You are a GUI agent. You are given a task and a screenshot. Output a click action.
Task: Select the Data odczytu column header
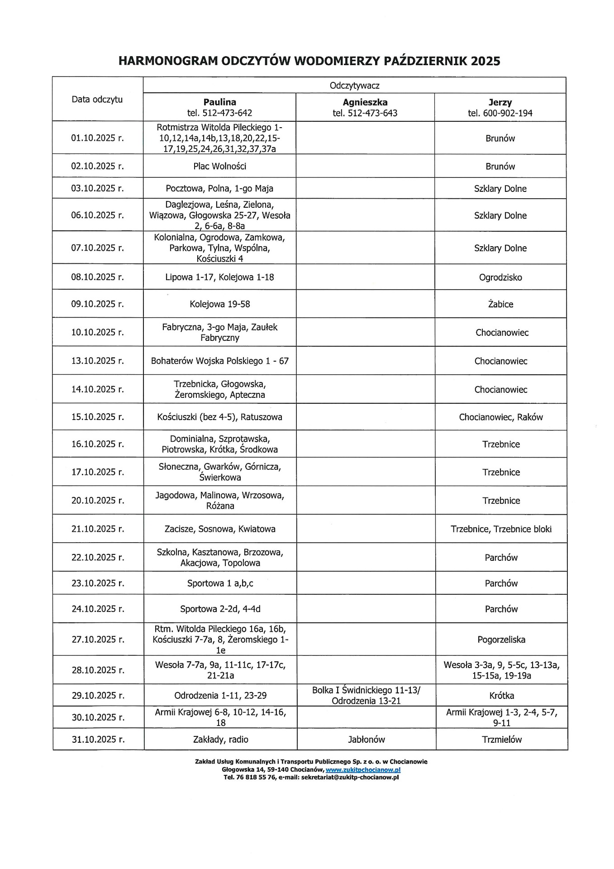97,100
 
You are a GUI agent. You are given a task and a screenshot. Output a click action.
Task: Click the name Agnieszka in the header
365,102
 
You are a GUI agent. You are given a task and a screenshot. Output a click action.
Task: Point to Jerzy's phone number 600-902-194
500,113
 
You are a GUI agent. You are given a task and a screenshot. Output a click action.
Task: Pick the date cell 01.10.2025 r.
97,138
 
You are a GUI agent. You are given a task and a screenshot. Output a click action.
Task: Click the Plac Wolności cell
219,166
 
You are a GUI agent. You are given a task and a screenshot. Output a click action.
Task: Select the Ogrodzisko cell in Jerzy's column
500,277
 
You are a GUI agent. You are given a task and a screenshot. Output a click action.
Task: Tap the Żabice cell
500,304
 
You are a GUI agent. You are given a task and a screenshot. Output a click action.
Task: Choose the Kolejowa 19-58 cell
219,304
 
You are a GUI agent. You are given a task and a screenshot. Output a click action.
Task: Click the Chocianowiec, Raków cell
500,417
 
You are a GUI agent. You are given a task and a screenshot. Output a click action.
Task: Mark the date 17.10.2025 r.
97,472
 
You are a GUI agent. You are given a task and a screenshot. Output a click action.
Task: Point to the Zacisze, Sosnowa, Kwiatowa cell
220,529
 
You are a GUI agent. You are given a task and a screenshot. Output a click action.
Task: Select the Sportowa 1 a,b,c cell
220,583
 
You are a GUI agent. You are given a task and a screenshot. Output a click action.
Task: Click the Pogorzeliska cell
501,640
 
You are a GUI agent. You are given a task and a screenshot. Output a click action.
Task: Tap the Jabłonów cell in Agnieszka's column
366,740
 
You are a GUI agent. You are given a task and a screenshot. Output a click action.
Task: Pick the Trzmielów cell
501,740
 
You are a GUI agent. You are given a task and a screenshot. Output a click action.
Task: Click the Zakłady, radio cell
220,740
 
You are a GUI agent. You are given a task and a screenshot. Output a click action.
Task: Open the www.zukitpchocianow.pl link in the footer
363,769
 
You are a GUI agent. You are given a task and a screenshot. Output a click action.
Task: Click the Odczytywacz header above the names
354,86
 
